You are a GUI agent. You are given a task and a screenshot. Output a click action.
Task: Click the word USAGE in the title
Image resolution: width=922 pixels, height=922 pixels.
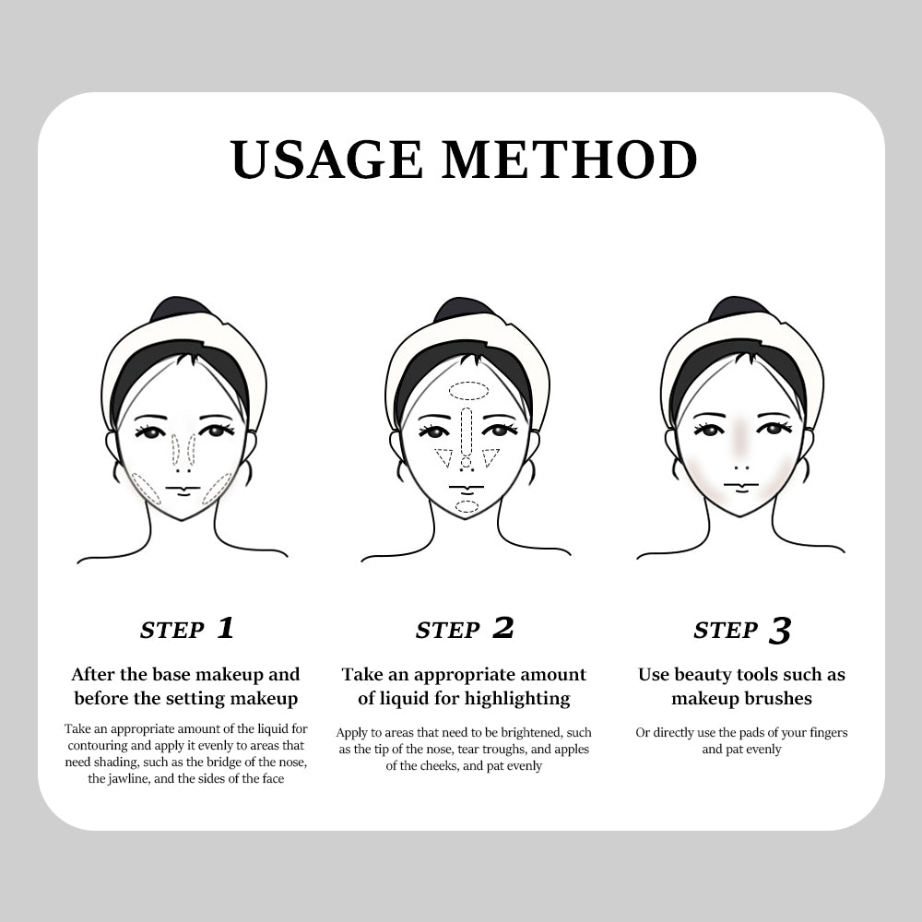tap(327, 160)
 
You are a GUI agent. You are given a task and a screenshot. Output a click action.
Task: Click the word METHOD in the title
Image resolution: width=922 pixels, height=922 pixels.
tap(569, 160)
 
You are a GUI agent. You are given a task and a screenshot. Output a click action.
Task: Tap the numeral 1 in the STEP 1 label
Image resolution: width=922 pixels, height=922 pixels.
tap(225, 628)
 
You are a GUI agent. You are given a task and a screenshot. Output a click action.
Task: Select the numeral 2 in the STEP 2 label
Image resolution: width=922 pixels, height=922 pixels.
tap(502, 628)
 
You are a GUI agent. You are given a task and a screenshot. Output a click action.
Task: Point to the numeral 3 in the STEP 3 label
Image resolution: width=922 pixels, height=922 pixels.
tap(780, 631)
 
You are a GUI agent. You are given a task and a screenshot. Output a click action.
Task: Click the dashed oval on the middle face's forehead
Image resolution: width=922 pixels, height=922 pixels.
tap(468, 390)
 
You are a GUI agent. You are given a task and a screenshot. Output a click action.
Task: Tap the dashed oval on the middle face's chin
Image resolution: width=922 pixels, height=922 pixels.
tap(467, 507)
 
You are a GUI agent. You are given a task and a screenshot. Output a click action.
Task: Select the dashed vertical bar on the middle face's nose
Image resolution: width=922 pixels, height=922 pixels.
tap(467, 431)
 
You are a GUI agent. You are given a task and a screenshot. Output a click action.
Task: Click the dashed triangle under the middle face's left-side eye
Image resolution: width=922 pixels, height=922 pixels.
tap(444, 457)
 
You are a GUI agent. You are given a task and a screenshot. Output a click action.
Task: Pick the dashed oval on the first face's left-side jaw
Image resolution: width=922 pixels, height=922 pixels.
tap(147, 489)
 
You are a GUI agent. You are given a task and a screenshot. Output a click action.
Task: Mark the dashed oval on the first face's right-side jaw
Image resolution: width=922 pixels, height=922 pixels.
tap(217, 489)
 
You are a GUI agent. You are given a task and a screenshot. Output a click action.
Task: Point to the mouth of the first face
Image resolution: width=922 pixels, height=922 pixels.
tap(183, 490)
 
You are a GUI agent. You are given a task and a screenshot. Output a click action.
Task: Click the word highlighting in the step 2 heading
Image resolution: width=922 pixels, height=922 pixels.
tap(517, 699)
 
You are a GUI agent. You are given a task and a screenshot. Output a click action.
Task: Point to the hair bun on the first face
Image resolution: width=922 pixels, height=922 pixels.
tap(173, 309)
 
